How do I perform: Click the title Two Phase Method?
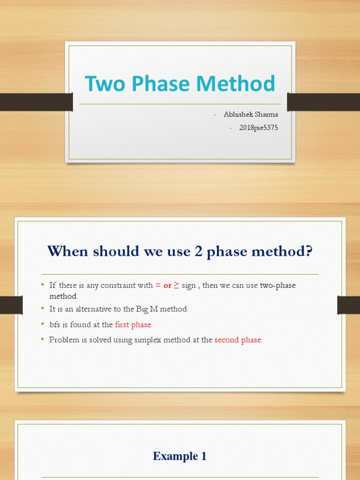(x=180, y=84)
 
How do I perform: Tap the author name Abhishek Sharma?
(x=251, y=115)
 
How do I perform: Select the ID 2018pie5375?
(x=258, y=127)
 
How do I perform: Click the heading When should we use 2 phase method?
(x=180, y=251)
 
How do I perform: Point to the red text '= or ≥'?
(x=167, y=285)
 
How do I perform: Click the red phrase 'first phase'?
(x=134, y=324)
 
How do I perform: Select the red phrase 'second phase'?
(x=238, y=340)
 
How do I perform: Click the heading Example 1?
(x=180, y=456)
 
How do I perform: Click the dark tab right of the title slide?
(x=323, y=102)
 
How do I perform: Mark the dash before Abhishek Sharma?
(x=215, y=115)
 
